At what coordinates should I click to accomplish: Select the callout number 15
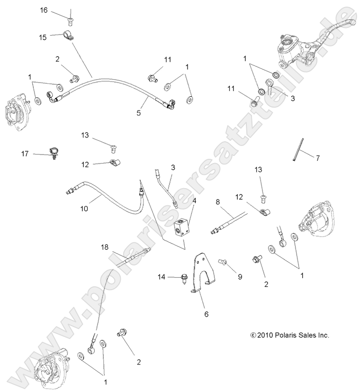43,37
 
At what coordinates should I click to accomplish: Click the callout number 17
25,154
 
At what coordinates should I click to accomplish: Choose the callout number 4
194,201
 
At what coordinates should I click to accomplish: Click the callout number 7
317,158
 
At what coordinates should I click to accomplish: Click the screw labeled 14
183,278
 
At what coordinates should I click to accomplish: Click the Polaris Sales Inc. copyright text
289,335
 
